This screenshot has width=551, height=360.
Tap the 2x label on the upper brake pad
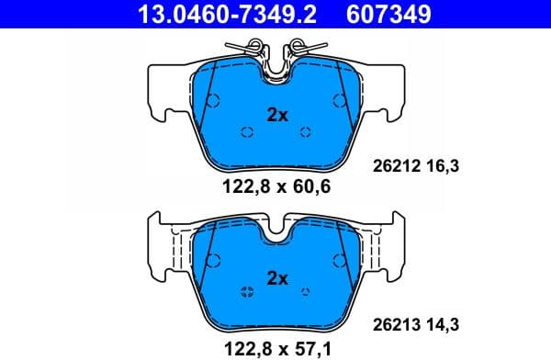click(276, 116)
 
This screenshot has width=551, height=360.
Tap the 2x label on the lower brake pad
click(276, 276)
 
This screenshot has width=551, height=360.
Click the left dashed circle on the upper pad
click(246, 132)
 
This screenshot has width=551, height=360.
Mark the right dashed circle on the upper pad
click(306, 132)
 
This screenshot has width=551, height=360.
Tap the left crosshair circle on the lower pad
click(246, 293)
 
